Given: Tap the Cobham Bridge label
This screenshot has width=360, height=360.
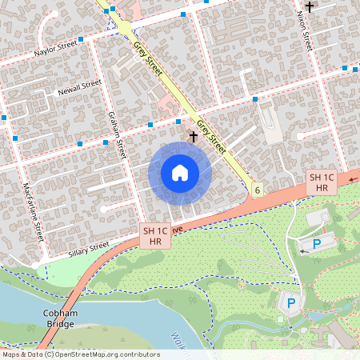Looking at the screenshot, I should (x=61, y=318).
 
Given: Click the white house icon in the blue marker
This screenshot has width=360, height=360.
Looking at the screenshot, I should (x=180, y=173).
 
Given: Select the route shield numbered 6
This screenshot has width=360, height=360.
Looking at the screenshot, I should (x=257, y=190).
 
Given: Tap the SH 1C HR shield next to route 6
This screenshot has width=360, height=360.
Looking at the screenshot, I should (x=322, y=182).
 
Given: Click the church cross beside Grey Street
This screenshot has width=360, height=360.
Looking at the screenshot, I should (x=193, y=138).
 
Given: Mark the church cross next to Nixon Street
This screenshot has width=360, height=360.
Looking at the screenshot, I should (x=309, y=6).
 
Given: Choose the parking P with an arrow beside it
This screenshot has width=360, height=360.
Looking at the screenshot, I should (x=316, y=244).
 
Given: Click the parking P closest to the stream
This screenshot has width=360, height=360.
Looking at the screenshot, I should (x=291, y=303).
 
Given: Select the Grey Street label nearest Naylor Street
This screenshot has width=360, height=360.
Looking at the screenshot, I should (x=148, y=58).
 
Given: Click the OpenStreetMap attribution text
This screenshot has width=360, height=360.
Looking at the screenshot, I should (x=80, y=354).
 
